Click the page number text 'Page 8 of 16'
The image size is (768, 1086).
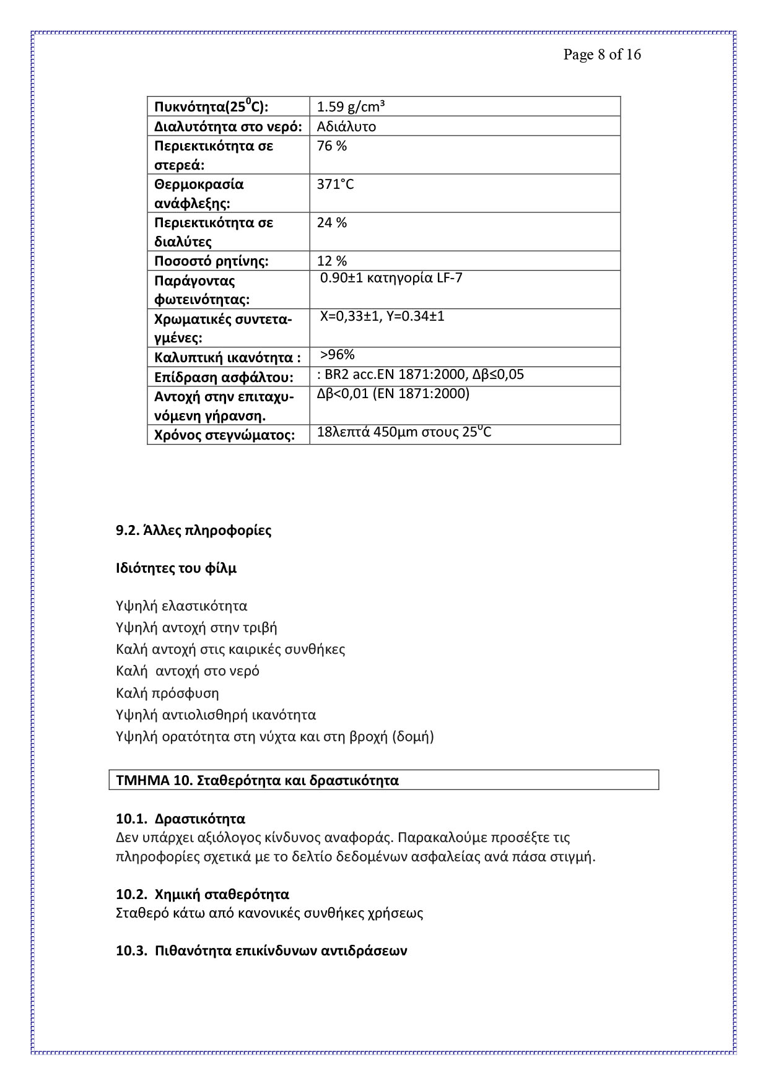pyautogui.click(x=601, y=54)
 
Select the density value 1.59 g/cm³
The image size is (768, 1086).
pyautogui.click(x=351, y=107)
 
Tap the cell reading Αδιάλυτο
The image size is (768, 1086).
pyautogui.click(x=346, y=127)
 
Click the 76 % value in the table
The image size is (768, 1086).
pyautogui.click(x=332, y=146)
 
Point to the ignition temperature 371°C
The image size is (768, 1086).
pyautogui.click(x=335, y=185)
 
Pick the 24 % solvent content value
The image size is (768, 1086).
pyautogui.click(x=332, y=223)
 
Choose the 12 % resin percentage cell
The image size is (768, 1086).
pyautogui.click(x=332, y=261)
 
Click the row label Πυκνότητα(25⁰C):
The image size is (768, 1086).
pyautogui.click(x=211, y=106)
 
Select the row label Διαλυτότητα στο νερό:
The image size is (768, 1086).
pyautogui.click(x=228, y=127)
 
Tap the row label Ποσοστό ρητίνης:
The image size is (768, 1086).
pyautogui.click(x=211, y=261)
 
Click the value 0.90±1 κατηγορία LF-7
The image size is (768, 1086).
pyautogui.click(x=391, y=278)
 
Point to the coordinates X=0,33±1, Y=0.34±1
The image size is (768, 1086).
pyautogui.click(x=382, y=316)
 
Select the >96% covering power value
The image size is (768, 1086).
pyautogui.click(x=338, y=355)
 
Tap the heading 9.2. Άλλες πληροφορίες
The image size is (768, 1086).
pyautogui.click(x=193, y=531)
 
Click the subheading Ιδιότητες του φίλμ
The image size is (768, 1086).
pyautogui.click(x=176, y=568)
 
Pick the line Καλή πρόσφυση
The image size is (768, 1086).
pyautogui.click(x=167, y=693)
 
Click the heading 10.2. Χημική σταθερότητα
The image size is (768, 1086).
pyautogui.click(x=203, y=894)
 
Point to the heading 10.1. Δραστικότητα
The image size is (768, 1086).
pyautogui.click(x=180, y=819)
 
